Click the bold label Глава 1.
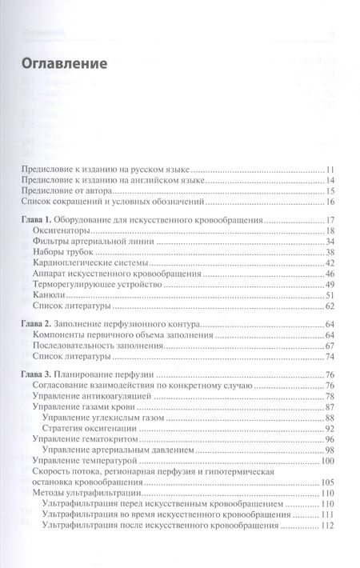point(45,219)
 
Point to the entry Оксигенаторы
point(66,230)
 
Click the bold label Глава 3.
point(45,376)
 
